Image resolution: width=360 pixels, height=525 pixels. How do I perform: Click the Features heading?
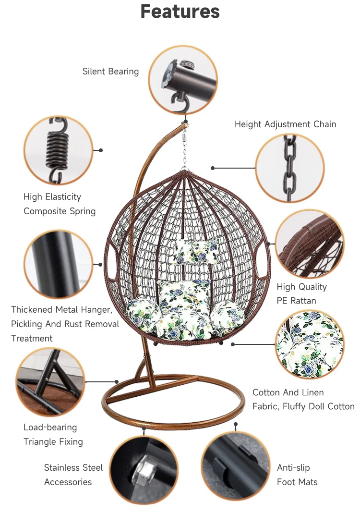(180, 12)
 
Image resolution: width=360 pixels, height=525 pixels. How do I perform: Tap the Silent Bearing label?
(110, 72)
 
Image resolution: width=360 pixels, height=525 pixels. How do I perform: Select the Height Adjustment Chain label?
(285, 124)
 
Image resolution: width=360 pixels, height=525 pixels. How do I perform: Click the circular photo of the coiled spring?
(59, 150)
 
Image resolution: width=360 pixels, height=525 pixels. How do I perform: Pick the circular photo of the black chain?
(290, 168)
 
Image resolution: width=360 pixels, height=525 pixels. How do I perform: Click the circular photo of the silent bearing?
(183, 80)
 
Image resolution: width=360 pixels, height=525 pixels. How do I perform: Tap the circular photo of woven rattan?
(310, 244)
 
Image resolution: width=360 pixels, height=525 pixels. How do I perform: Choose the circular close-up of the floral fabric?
(310, 344)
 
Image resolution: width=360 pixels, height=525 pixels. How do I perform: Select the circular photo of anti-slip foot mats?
(235, 466)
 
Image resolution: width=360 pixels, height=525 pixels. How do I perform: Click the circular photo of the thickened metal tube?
(59, 264)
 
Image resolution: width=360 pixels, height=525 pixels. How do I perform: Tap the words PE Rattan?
(296, 301)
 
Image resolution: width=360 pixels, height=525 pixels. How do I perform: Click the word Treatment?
(32, 339)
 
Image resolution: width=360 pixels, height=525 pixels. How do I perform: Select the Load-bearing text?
(50, 427)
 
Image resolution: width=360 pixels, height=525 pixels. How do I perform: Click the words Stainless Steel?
(73, 468)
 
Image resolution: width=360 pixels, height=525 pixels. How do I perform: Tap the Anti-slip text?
(293, 468)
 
